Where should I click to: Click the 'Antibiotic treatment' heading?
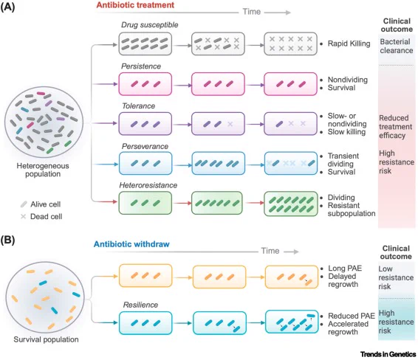point(135,5)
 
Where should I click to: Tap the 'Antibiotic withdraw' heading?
point(131,244)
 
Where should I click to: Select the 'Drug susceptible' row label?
point(150,25)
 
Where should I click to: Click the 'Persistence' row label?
point(141,66)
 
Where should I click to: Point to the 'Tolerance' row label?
point(138,106)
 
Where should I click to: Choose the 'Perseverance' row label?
point(145,146)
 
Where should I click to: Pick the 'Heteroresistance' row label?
point(148,185)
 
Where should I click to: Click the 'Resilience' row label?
point(140,305)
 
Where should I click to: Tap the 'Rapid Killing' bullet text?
point(349,44)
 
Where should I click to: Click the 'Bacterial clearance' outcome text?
point(397,46)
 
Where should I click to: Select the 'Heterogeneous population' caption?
point(43,170)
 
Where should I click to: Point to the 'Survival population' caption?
point(46,339)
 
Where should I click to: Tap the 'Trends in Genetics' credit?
point(388,354)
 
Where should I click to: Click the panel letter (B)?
point(7,240)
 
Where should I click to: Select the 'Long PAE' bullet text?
point(345,268)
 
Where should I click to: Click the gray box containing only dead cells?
point(290,44)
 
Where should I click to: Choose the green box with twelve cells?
point(290,204)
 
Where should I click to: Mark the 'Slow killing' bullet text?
point(346,132)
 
